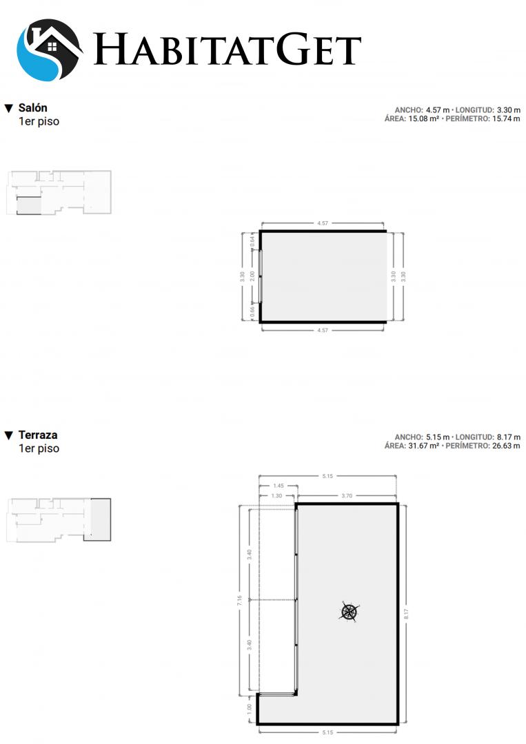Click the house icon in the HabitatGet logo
pos(50,50)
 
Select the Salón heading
pos(33,107)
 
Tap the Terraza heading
pos(38,435)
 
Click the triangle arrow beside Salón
pos(8,109)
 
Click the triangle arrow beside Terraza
pos(8,435)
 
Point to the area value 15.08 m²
pos(423,118)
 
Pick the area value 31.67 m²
pos(423,446)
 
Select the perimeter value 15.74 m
pos(506,118)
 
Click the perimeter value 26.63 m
pos(506,446)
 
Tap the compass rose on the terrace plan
pos(350,612)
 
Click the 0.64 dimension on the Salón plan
pos(252,240)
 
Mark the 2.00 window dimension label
pos(252,276)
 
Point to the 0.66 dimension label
pos(252,311)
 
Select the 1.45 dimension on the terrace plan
pos(279,486)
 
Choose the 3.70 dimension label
pos(347,496)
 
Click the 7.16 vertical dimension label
pos(240,601)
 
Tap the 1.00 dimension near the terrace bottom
pos(250,709)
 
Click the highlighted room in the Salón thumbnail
pos(29,206)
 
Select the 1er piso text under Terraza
pos(39,448)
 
